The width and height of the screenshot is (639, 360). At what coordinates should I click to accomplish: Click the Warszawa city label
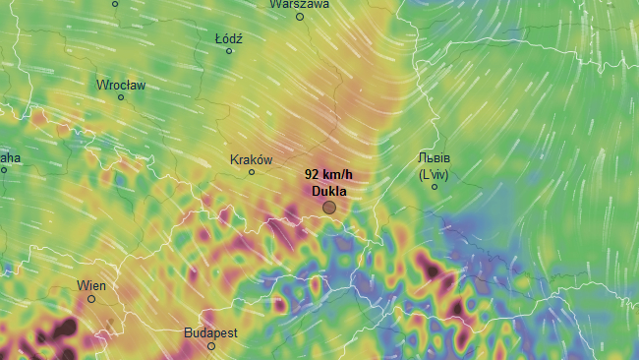[x=300, y=4]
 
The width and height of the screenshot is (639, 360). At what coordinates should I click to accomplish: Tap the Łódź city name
[x=228, y=38]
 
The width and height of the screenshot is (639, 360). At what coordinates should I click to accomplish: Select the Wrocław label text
[x=121, y=86]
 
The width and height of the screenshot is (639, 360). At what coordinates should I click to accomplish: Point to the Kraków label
[x=251, y=159]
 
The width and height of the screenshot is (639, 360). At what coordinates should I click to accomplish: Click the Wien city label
[x=91, y=286]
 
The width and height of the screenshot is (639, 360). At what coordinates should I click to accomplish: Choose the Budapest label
[x=210, y=333]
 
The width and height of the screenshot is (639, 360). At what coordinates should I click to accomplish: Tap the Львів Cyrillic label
[x=434, y=158]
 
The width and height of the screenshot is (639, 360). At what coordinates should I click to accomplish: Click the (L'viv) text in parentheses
[x=434, y=174]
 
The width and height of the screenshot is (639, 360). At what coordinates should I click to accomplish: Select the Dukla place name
[x=328, y=190]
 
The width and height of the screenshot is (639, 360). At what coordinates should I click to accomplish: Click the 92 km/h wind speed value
[x=328, y=174]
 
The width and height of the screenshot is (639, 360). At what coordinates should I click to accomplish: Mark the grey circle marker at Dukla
[x=329, y=208]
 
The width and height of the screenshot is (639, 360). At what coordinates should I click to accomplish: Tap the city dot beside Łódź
[x=229, y=51]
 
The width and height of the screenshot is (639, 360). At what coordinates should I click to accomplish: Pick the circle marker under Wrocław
[x=121, y=97]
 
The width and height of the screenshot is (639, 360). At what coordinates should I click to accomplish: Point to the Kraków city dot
[x=252, y=172]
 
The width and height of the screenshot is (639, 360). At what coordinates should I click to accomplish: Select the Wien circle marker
[x=91, y=299]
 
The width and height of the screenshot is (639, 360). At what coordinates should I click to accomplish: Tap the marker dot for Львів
[x=435, y=187]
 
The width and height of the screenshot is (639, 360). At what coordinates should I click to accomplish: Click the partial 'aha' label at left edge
[x=9, y=157]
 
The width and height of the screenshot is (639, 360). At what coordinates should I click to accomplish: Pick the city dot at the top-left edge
[x=115, y=4]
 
